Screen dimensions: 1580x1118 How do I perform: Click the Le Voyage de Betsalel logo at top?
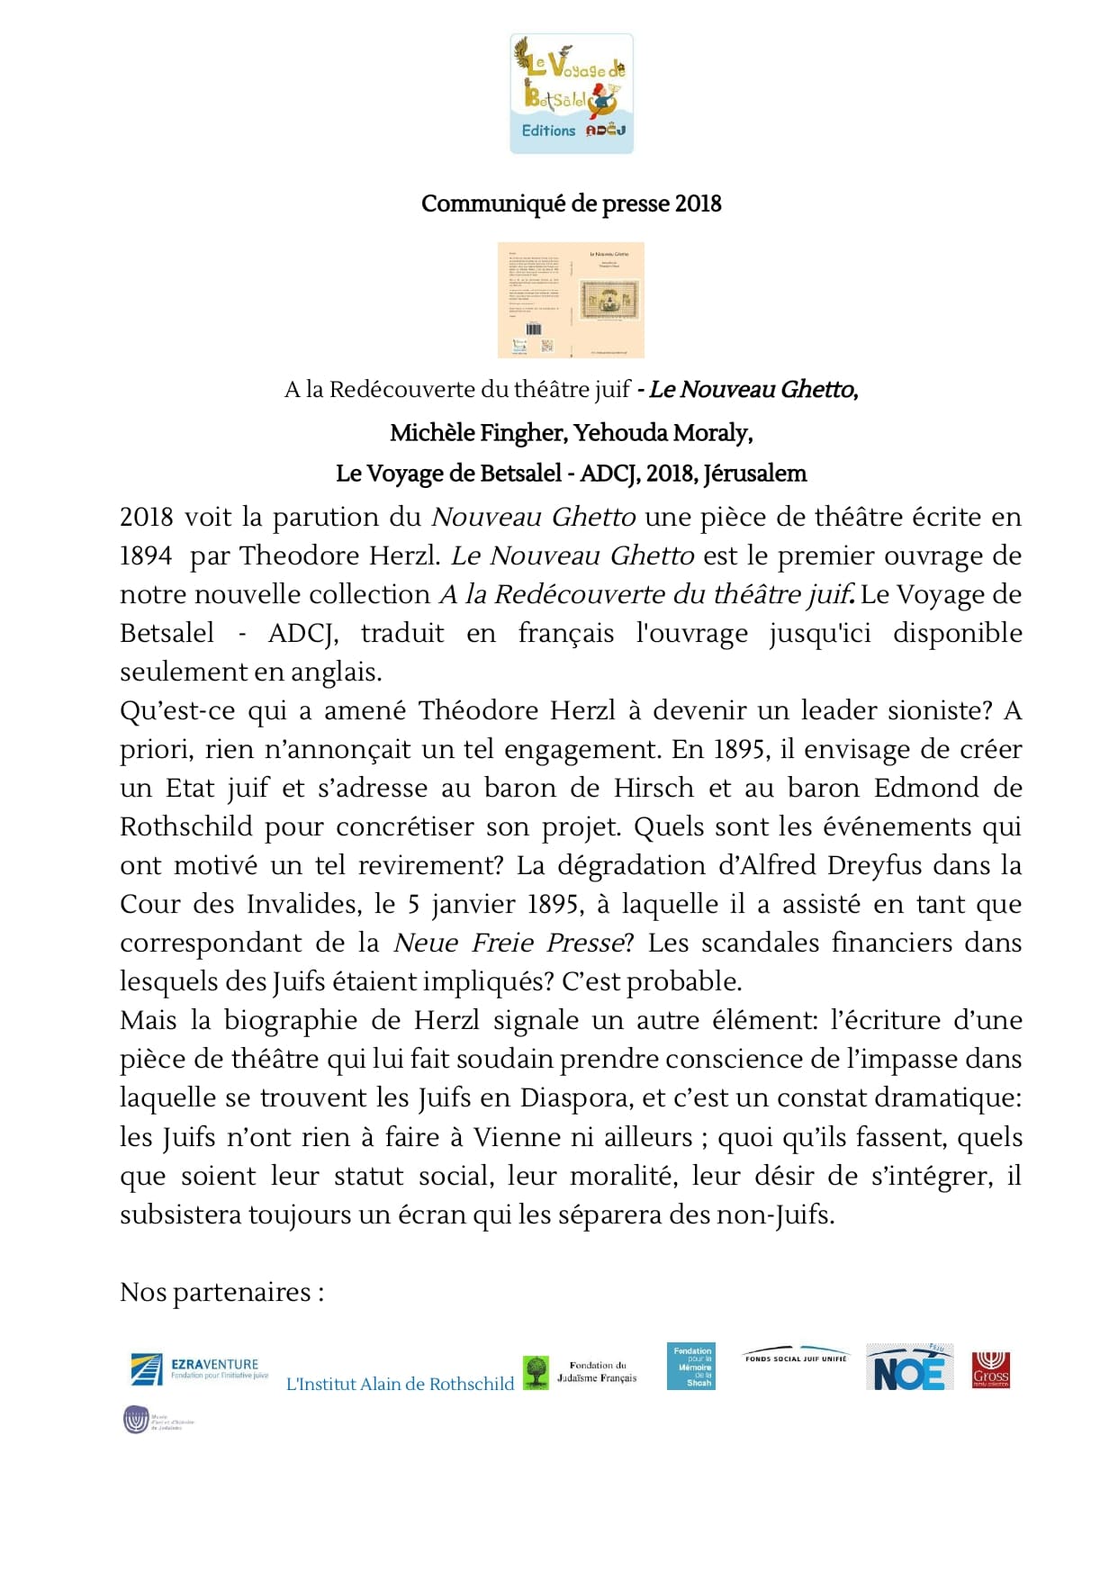(572, 94)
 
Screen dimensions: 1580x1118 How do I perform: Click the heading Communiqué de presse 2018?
(571, 203)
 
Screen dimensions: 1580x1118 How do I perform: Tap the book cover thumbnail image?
(571, 300)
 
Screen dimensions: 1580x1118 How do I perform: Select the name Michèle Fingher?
(477, 433)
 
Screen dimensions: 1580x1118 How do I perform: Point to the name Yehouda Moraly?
(663, 433)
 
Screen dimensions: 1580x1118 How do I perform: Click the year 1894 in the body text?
(146, 555)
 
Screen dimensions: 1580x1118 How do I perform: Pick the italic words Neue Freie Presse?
(509, 943)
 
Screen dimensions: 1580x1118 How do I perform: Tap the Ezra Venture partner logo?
(199, 1369)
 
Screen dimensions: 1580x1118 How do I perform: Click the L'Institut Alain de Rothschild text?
(400, 1384)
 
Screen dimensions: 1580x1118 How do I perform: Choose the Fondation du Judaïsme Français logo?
(581, 1372)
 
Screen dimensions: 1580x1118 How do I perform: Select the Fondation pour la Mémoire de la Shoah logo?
(691, 1367)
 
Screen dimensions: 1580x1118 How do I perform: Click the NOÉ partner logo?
(909, 1368)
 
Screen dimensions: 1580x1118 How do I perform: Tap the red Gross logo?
(990, 1370)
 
